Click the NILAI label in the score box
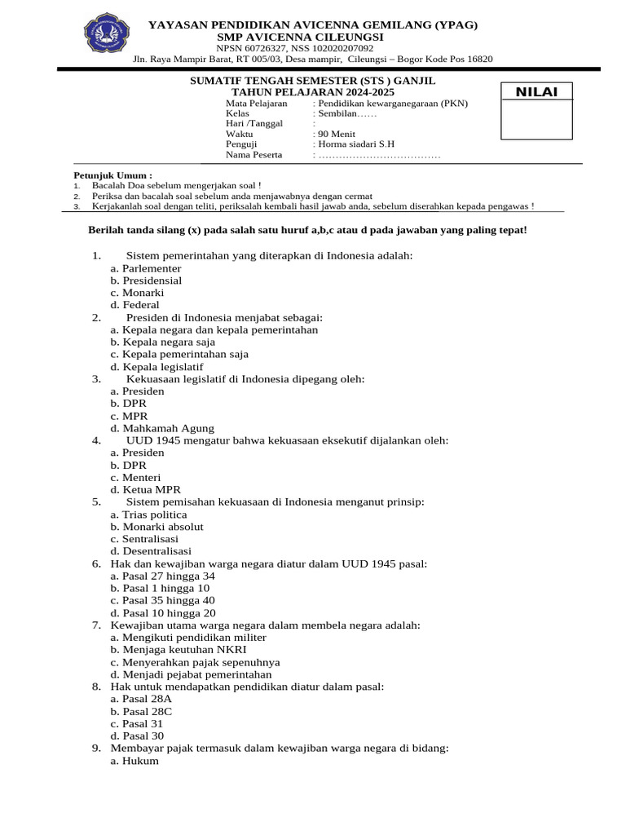(x=536, y=92)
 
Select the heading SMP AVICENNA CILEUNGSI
(x=299, y=38)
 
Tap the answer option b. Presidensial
(x=146, y=281)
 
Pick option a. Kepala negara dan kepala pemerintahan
(x=214, y=330)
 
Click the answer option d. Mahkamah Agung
(x=162, y=428)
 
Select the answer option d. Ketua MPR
(x=146, y=490)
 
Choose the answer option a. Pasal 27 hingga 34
(x=162, y=576)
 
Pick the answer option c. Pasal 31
(x=137, y=723)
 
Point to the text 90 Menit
(x=335, y=134)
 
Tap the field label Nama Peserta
(x=253, y=155)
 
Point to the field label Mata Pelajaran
(x=256, y=104)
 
